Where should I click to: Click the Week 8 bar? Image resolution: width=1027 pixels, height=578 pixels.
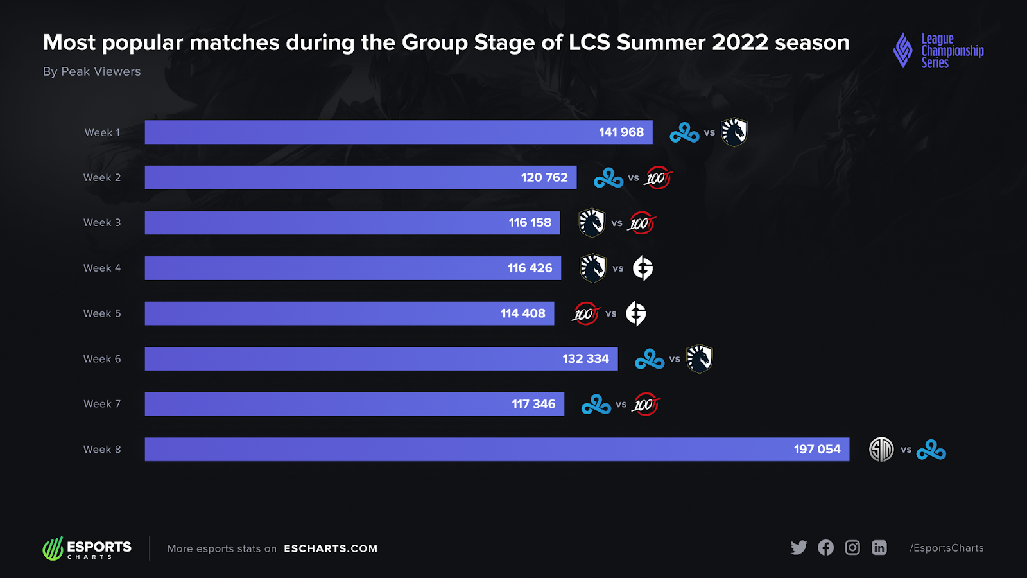497,450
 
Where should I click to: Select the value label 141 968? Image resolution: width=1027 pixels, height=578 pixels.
621,132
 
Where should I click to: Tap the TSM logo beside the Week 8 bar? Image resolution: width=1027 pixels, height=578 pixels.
881,450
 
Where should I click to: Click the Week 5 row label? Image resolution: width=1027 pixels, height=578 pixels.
102,313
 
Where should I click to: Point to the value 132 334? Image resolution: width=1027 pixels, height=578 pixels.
585,359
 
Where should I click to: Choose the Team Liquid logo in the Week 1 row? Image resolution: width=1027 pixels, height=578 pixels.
734,132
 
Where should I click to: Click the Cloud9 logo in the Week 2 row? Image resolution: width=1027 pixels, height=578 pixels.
608,178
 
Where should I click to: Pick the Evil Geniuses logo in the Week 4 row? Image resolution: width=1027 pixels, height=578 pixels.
643,268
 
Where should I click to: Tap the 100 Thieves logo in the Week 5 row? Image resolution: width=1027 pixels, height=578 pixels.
585,314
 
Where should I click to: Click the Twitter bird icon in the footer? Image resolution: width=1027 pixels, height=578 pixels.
798,548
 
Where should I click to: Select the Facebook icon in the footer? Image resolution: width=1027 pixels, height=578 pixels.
825,548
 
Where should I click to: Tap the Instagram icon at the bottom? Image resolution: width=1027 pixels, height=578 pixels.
852,548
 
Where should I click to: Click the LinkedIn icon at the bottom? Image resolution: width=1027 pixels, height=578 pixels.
879,548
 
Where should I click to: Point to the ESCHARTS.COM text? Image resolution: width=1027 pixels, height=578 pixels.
331,548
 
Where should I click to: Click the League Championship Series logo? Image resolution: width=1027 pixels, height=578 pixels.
938,51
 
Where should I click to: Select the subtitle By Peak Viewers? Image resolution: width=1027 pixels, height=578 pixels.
92,72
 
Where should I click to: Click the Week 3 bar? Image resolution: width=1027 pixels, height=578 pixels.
352,223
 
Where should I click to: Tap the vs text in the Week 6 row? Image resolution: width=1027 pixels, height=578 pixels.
675,359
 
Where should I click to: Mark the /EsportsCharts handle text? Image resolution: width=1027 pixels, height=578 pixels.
946,548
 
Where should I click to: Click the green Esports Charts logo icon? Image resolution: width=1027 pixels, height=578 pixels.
53,548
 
